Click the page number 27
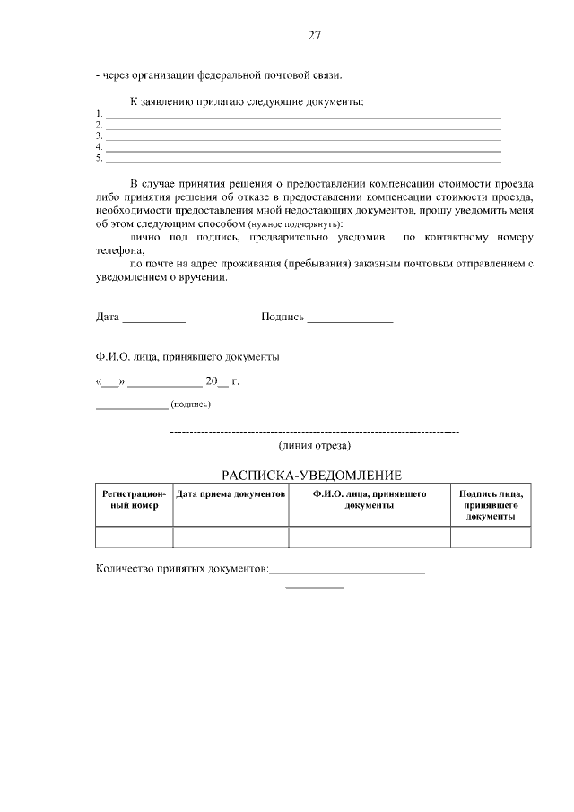(314, 36)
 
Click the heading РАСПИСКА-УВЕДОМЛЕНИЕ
(311, 475)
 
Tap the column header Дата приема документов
(230, 494)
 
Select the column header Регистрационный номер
(134, 500)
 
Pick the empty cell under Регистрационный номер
(134, 537)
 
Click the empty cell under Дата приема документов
(230, 537)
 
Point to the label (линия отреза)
(315, 445)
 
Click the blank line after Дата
(153, 319)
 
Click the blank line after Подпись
(350, 319)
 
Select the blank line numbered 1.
(303, 117)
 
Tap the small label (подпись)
(190, 405)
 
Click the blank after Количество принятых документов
(347, 571)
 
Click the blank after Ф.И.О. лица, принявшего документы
(381, 359)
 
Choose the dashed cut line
(315, 433)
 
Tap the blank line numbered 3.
(303, 139)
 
